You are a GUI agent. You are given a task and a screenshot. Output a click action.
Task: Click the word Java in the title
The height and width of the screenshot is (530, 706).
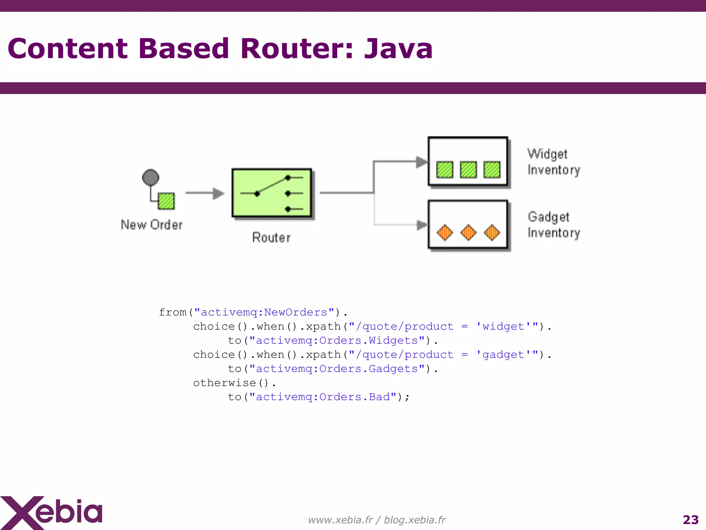(x=398, y=49)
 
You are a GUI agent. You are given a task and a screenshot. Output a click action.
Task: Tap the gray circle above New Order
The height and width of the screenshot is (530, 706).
(x=151, y=177)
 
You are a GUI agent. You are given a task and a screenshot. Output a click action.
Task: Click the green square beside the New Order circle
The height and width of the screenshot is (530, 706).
(x=166, y=201)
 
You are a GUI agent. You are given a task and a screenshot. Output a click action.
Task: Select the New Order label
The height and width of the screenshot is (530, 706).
(x=152, y=225)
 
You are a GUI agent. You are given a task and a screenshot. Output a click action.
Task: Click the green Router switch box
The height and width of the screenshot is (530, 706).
(x=272, y=193)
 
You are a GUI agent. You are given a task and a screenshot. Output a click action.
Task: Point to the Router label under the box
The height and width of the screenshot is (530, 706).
(x=271, y=237)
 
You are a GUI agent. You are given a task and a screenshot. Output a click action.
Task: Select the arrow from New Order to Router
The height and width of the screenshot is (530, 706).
(x=205, y=193)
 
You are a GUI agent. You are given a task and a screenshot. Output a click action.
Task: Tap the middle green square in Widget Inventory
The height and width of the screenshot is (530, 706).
(x=468, y=170)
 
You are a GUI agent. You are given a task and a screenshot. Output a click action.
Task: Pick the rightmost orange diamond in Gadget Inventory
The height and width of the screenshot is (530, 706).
(x=492, y=233)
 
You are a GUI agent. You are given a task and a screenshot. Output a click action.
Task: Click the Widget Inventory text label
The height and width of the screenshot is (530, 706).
(x=554, y=162)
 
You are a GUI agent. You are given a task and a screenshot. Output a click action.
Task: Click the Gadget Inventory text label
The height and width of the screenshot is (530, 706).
(x=554, y=225)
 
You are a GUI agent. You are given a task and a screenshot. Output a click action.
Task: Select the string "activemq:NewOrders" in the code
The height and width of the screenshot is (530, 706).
(x=264, y=312)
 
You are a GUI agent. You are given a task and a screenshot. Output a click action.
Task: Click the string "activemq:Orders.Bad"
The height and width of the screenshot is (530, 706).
(x=323, y=397)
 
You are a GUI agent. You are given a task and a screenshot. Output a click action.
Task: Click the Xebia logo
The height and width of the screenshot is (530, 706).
(x=52, y=512)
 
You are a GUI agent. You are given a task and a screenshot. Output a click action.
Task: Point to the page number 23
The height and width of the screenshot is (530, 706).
(x=690, y=520)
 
